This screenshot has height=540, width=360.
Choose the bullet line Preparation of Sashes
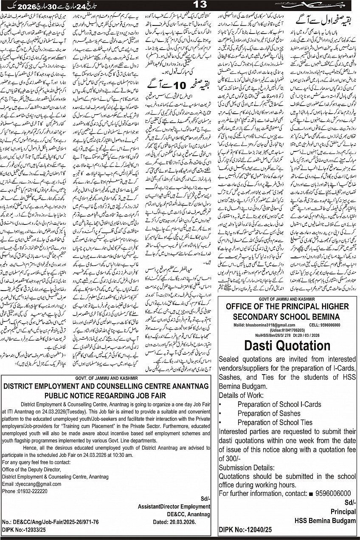[269, 413]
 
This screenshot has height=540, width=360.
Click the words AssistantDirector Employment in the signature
[174, 506]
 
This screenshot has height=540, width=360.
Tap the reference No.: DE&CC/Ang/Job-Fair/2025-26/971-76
[50, 521]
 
